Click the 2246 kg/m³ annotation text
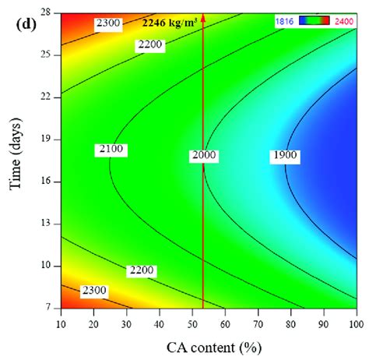point(167,23)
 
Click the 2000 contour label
point(203,156)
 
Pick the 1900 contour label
point(286,156)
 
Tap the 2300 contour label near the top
point(108,24)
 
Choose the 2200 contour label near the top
point(150,46)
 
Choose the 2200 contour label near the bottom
point(141,271)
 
